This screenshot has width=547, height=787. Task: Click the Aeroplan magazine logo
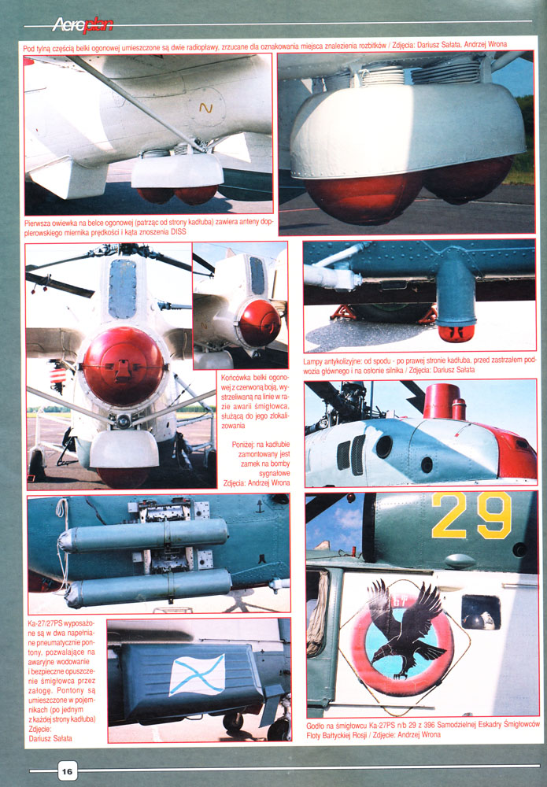83,24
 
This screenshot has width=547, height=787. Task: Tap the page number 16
68,771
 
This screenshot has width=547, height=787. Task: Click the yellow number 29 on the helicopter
471,515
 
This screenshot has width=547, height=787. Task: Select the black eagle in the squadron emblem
404,627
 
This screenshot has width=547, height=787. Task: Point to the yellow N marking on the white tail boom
205,107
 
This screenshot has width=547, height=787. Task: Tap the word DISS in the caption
178,232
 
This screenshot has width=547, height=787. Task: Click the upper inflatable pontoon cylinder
144,536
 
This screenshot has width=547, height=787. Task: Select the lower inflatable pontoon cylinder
148,588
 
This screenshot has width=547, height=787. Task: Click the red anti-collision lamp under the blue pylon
456,333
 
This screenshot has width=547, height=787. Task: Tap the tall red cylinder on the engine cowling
442,401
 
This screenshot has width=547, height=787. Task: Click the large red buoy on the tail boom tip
123,367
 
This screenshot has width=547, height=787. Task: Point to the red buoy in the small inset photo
259,323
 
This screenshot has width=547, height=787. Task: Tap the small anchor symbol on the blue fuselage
260,506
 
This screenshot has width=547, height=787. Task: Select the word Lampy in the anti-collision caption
314,361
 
